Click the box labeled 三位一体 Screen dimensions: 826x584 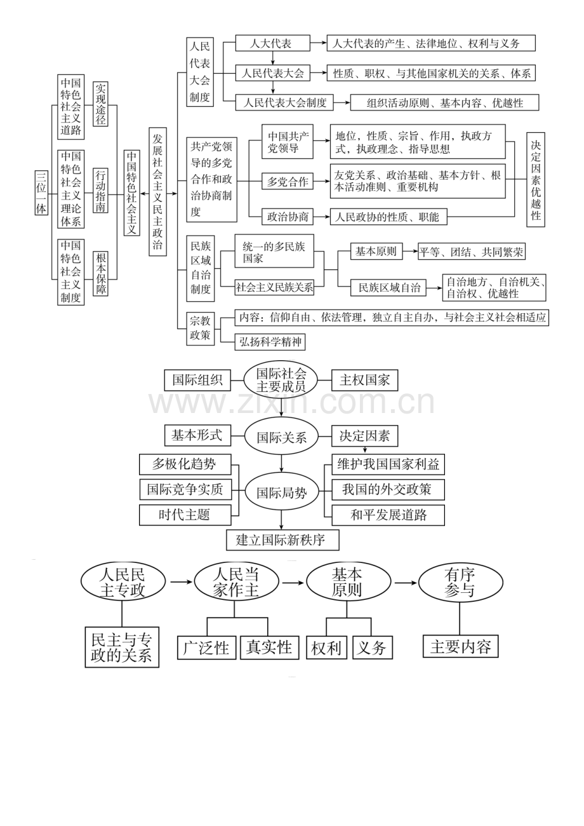click(41, 193)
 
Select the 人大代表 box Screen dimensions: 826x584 click(272, 43)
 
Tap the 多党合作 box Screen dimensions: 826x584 click(288, 182)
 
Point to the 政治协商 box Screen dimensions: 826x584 click(288, 217)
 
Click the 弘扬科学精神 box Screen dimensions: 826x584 click(270, 342)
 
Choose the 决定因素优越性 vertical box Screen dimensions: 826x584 click(536, 179)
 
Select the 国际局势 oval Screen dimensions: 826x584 click(281, 492)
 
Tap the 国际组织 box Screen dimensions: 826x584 click(197, 380)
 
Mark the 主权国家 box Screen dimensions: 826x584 click(365, 380)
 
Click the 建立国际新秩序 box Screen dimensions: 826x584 click(281, 540)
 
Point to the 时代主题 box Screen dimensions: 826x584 click(184, 515)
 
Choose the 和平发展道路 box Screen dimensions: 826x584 click(388, 515)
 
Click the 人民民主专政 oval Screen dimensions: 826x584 click(123, 582)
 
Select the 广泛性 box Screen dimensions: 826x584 click(206, 647)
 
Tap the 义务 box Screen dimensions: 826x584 click(372, 647)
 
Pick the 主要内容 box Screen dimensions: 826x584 click(460, 646)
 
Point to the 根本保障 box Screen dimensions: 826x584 click(100, 273)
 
